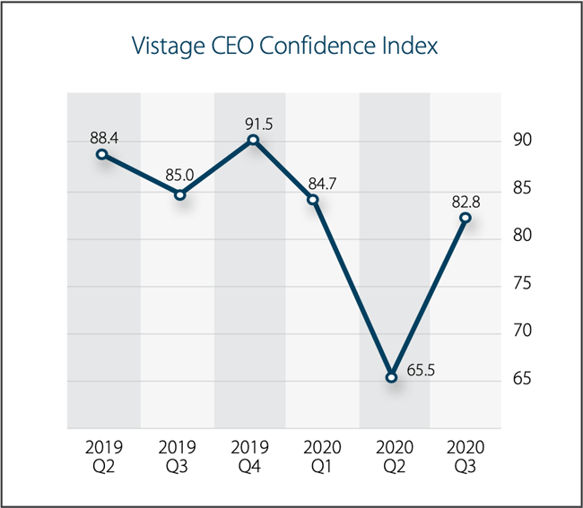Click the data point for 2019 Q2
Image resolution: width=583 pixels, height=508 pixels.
102,154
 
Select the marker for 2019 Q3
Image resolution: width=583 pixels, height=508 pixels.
179,194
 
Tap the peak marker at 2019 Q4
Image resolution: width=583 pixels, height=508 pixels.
253,140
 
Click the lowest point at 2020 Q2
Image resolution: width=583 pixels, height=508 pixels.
391,377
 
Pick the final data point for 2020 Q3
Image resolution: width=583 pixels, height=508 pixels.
465,217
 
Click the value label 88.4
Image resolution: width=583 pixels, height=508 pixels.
105,137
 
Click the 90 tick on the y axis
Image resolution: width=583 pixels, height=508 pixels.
522,141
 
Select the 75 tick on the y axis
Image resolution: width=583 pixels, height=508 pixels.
522,284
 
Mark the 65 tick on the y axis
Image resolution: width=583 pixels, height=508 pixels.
522,379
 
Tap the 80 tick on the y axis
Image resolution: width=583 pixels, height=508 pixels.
522,236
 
